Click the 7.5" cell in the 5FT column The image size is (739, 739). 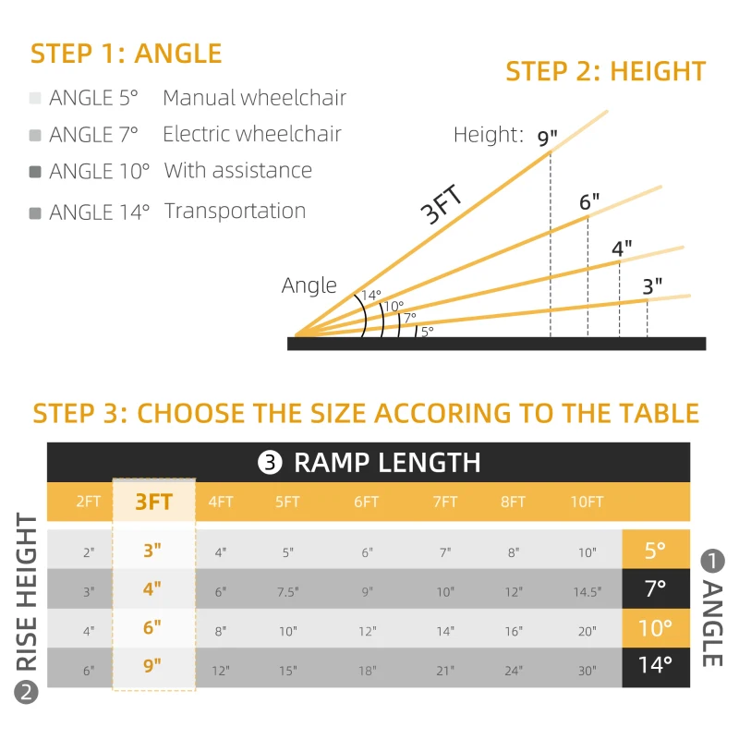click(x=287, y=592)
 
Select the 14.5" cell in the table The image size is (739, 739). click(x=588, y=592)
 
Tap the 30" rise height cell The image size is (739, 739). click(x=588, y=672)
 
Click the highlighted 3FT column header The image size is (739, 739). click(x=154, y=502)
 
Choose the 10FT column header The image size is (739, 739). click(x=588, y=502)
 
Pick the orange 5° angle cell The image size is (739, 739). click(x=655, y=551)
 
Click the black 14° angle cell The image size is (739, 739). click(x=655, y=665)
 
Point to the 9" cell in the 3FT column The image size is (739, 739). click(x=152, y=666)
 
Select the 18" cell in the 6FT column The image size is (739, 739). click(x=367, y=672)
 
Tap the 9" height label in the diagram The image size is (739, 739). click(x=548, y=139)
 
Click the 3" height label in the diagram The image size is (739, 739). click(x=652, y=286)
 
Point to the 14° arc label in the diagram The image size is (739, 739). click(x=370, y=295)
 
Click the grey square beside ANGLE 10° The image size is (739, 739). click(x=35, y=172)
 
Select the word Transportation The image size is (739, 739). click(x=235, y=211)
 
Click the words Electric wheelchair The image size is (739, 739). click(x=251, y=134)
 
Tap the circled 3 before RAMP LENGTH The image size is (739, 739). click(x=271, y=463)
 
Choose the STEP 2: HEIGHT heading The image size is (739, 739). click(x=605, y=71)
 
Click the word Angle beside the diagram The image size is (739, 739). click(x=309, y=285)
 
